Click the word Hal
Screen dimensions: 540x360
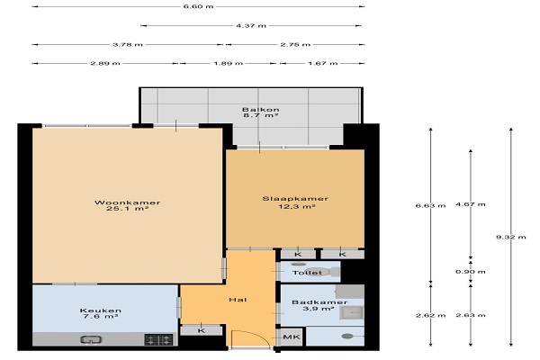238,300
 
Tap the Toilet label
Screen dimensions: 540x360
307,273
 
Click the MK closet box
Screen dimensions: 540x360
292,337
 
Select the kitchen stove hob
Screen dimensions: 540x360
158,339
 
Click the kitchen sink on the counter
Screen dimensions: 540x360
91,339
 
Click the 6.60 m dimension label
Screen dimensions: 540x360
198,6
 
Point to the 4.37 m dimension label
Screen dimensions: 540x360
251,25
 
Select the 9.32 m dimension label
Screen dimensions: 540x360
511,237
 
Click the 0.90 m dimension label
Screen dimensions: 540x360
471,272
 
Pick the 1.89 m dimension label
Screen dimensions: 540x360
228,63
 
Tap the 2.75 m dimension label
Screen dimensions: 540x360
295,44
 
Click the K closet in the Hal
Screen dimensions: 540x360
202,330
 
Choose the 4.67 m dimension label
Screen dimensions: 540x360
471,204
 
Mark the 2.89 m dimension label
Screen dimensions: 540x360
105,63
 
